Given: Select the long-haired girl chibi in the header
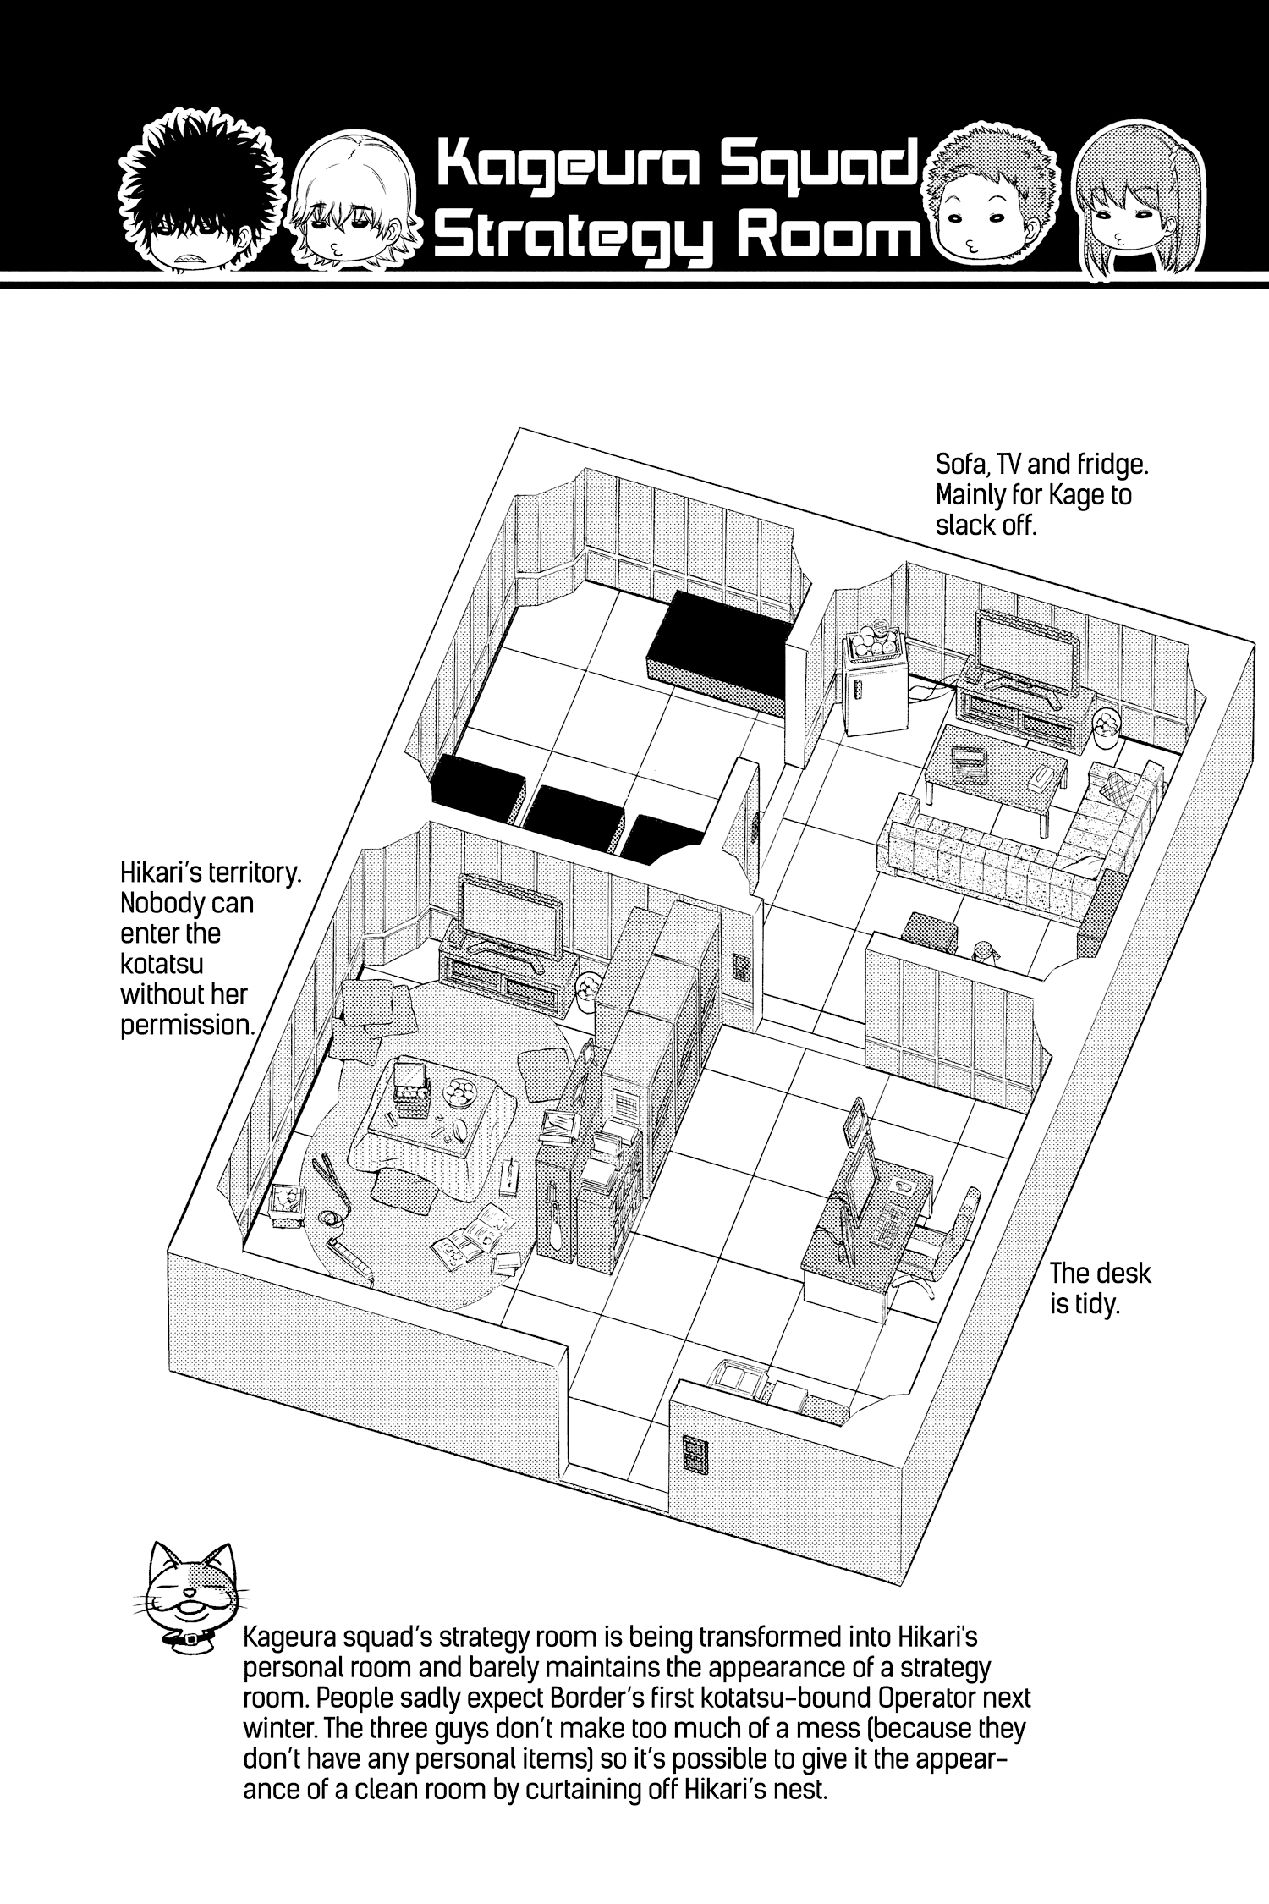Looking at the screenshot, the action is click(1124, 203).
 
